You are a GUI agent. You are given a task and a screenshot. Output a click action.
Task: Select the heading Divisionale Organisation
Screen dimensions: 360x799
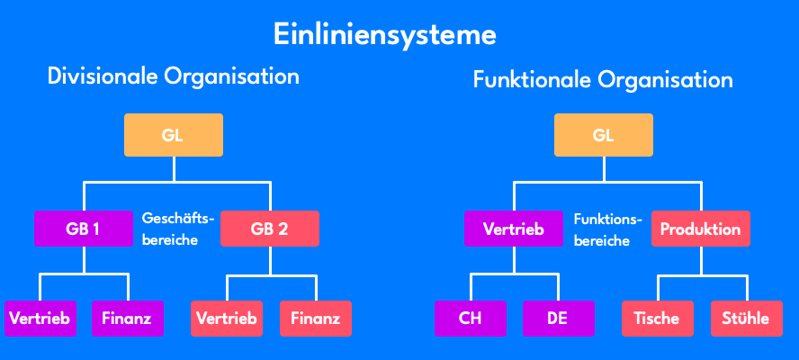173,76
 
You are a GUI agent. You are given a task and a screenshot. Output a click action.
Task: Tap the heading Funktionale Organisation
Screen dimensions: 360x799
603,81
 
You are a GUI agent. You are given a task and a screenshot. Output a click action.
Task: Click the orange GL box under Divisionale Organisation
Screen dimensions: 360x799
173,137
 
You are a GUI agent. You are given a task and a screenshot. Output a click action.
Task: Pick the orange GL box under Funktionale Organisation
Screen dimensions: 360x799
603,137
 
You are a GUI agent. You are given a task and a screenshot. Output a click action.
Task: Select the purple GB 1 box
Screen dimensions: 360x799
83,229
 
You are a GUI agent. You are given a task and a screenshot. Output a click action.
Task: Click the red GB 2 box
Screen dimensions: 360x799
269,229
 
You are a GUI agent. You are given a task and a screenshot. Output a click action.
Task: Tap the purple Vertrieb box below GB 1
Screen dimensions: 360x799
40,318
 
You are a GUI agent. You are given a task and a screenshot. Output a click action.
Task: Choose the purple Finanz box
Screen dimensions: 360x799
126,318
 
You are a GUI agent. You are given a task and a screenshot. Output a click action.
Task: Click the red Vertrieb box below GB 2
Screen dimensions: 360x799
226,318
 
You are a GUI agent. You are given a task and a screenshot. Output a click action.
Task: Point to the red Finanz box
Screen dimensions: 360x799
315,318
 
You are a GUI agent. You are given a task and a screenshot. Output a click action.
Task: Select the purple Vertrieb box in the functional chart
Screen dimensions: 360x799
514,229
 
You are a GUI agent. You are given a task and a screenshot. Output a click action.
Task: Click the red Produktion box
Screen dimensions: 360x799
700,229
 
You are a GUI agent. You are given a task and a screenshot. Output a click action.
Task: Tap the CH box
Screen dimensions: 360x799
471,318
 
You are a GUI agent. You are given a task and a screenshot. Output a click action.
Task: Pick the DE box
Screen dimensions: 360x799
558,318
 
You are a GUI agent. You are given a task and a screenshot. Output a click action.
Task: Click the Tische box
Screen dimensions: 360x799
656,318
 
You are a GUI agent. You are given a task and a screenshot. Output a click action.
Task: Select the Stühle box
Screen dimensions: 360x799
746,318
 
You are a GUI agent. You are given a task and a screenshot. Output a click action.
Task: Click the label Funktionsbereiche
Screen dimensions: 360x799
607,229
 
